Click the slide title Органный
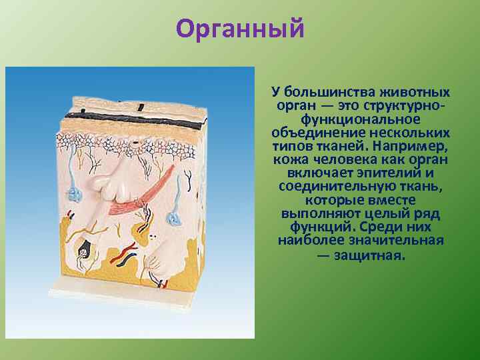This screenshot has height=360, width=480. tap(240, 29)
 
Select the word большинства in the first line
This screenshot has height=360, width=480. tap(333, 92)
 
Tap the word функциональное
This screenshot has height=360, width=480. tap(360, 119)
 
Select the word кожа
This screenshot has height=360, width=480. tap(289, 160)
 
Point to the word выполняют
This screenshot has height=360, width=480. tap(317, 213)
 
